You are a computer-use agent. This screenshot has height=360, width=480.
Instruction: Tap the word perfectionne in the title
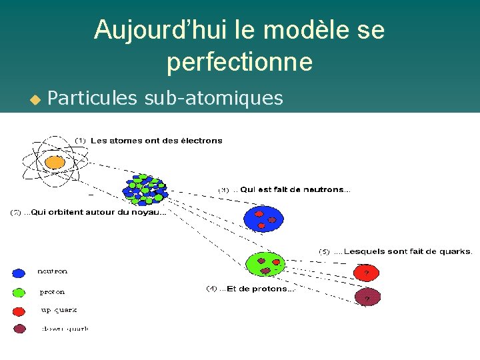coord(239,62)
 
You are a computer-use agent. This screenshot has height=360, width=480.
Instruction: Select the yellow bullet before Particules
coord(35,100)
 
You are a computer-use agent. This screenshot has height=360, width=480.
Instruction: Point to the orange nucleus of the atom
coord(55,162)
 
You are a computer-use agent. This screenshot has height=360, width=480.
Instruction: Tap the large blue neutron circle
coord(263,218)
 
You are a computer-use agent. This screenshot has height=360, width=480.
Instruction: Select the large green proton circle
coord(265,263)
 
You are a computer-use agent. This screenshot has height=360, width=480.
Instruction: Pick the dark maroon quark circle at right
coord(365,297)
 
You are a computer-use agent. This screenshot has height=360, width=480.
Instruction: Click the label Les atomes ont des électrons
coord(156,141)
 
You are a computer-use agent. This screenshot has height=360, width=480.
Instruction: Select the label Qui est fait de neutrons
coord(294,190)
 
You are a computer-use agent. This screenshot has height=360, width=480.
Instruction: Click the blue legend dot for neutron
coord(19,273)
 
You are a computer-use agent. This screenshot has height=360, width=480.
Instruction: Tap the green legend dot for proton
coord(19,292)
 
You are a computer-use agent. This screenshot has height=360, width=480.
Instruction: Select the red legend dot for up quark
coord(19,311)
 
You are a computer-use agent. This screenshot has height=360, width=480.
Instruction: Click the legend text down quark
coord(65,328)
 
